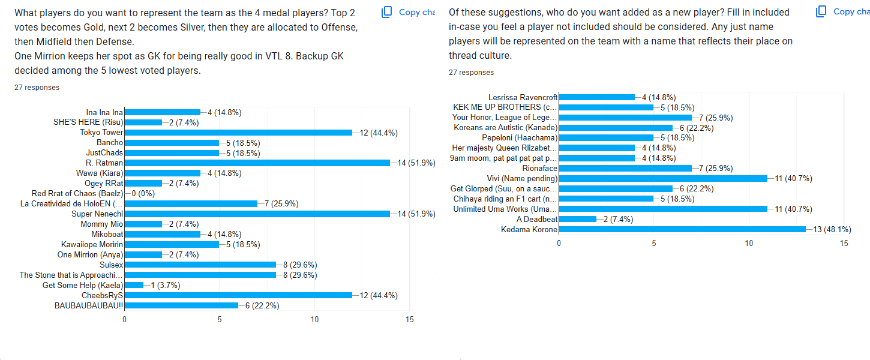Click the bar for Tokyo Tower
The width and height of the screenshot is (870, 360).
[x=238, y=133]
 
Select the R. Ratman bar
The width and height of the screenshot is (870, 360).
[x=257, y=163]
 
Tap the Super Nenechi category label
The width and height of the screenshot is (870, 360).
[x=97, y=214]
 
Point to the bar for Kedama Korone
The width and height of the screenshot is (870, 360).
[x=682, y=229]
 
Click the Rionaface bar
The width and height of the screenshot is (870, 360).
[x=625, y=168]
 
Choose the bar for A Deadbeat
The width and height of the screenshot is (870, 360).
[x=578, y=219]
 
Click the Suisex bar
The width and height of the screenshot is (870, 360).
[x=200, y=265]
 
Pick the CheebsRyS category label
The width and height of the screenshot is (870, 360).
[x=103, y=295]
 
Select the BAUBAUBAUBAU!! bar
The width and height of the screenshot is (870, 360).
[x=181, y=305]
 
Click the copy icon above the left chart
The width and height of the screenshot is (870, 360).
[x=388, y=11]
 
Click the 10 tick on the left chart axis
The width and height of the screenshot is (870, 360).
[x=314, y=320]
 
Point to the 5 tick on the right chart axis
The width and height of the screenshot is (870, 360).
[x=654, y=243]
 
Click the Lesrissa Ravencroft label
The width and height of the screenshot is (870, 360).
[x=523, y=97]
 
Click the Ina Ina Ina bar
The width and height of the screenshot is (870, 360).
[x=162, y=112]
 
